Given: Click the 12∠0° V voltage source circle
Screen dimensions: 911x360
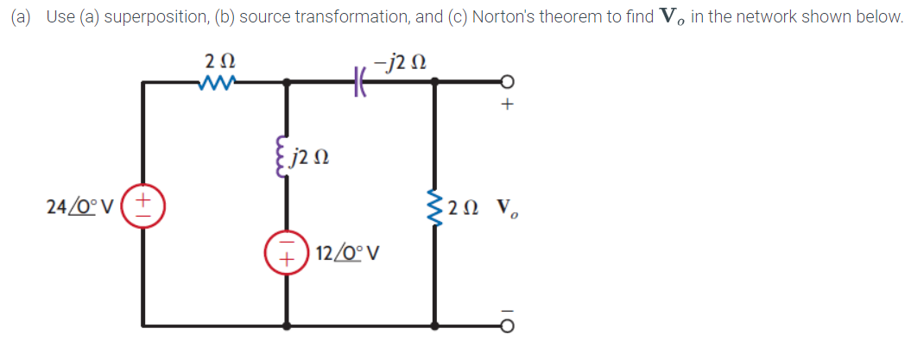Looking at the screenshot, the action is [287, 255].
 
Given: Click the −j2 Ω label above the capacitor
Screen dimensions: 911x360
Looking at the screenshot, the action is [398, 60].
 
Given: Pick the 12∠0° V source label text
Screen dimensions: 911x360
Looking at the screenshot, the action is [350, 256].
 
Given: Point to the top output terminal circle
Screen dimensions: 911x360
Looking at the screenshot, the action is [508, 83].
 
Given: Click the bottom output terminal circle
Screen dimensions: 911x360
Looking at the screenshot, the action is [508, 326].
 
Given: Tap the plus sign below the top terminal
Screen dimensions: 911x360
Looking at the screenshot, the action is [508, 106].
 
